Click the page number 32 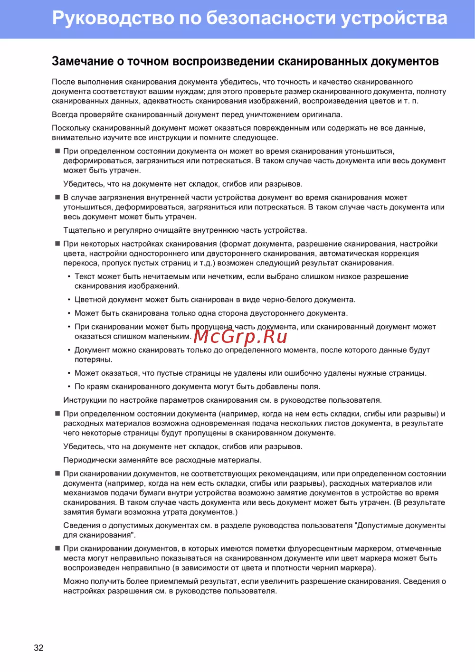[38, 648]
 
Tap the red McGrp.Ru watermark [240, 336]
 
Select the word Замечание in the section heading [83, 61]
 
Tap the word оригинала [322, 114]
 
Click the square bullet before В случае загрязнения [57, 197]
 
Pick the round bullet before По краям [69, 387]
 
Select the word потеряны [93, 360]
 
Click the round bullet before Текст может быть [69, 276]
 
